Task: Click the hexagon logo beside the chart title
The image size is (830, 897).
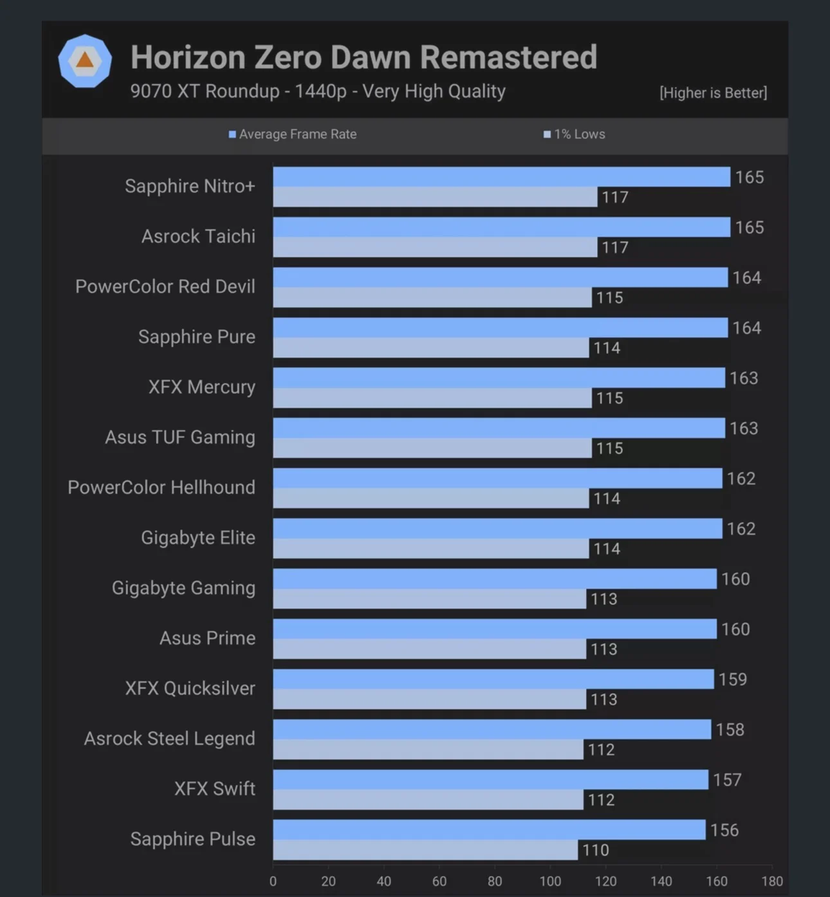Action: [85, 61]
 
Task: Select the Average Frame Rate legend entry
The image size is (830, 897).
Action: [293, 134]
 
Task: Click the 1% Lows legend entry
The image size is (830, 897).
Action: [575, 134]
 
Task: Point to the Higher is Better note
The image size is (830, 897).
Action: [713, 93]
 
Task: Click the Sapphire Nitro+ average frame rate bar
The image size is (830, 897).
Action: [501, 177]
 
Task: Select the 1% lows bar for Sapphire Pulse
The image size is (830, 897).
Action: [425, 850]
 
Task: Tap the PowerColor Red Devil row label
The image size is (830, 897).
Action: [165, 286]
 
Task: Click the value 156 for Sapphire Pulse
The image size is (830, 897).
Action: [724, 830]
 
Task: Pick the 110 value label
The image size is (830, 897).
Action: [595, 851]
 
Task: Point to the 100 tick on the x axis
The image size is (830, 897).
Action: [550, 882]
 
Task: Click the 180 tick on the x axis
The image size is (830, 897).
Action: [772, 882]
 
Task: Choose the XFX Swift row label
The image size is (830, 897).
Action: [214, 789]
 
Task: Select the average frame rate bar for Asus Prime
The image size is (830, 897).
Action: [494, 629]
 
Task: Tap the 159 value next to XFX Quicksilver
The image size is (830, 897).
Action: [733, 680]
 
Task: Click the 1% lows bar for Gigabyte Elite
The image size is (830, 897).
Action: [430, 549]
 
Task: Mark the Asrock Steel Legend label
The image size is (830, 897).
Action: [169, 739]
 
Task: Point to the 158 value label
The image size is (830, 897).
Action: [730, 730]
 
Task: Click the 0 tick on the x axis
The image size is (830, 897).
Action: [273, 882]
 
